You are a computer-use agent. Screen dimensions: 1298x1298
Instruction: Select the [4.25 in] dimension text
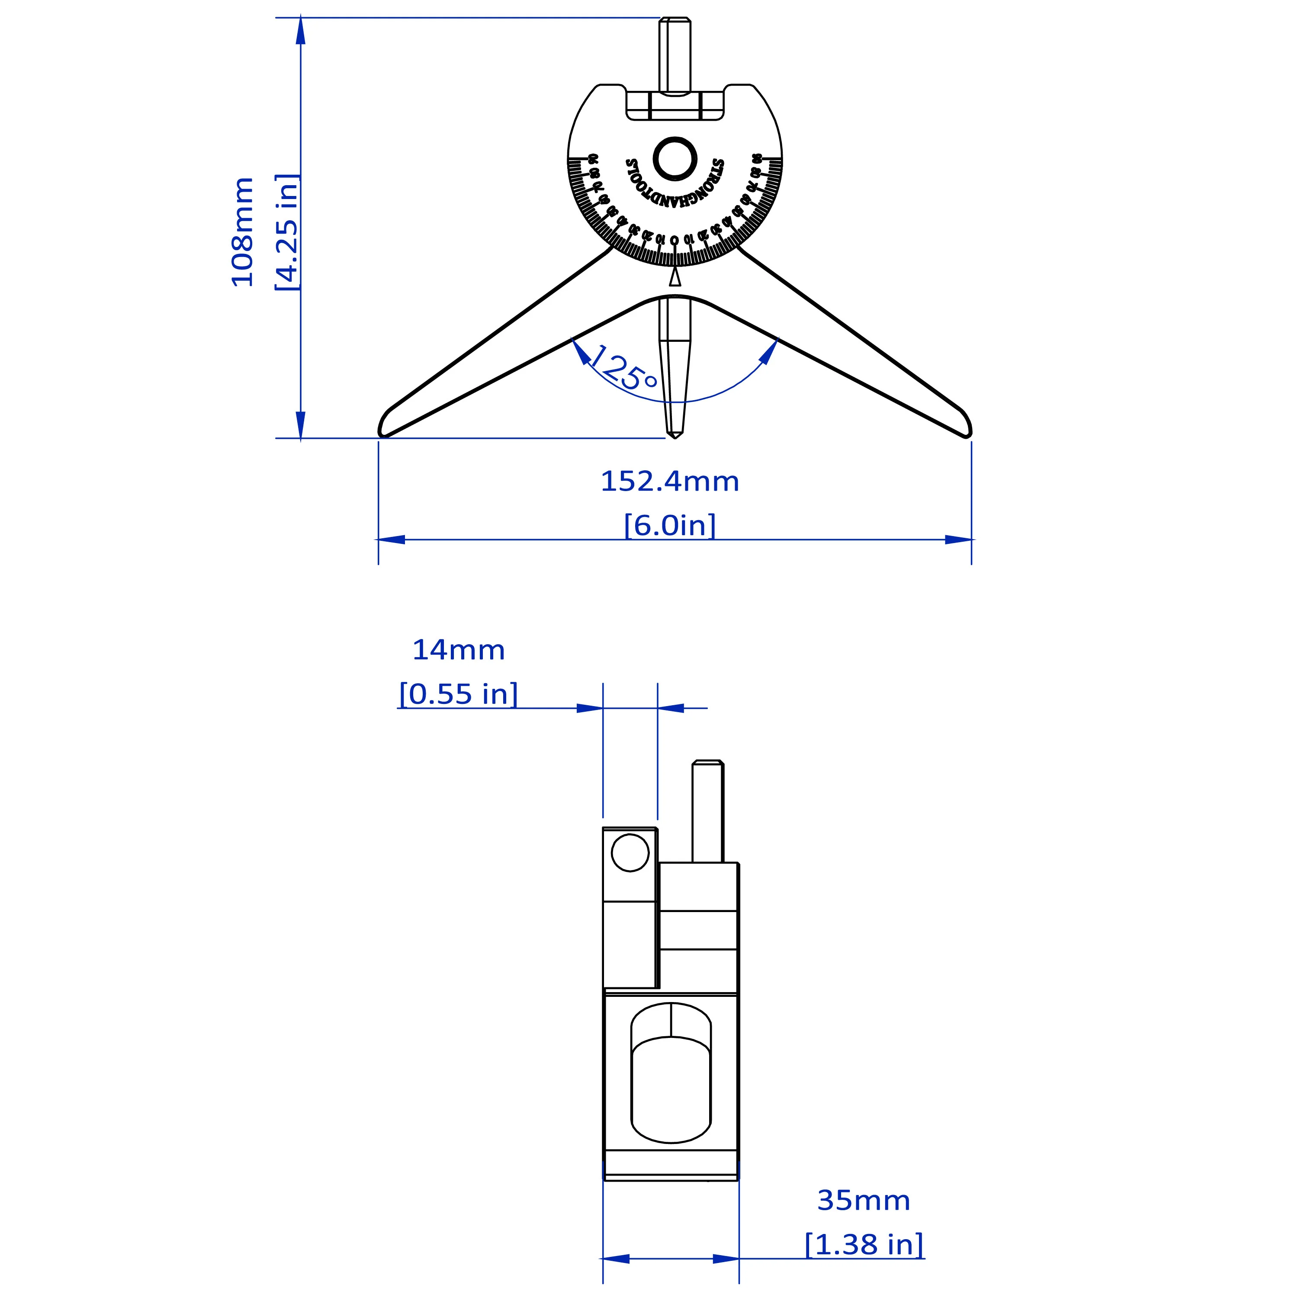[x=287, y=232]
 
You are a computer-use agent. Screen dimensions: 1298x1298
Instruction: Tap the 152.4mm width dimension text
[x=669, y=482]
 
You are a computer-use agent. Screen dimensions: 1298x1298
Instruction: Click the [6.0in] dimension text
[x=669, y=525]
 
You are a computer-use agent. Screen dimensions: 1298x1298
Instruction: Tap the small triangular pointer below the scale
[x=675, y=277]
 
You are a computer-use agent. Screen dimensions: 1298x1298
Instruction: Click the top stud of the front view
[x=675, y=54]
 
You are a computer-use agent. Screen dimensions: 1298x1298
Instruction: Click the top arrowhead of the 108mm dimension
[x=300, y=30]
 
